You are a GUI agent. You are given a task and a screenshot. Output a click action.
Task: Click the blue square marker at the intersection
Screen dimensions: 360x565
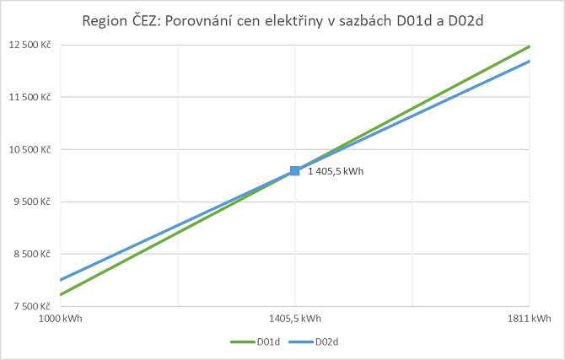pos(294,170)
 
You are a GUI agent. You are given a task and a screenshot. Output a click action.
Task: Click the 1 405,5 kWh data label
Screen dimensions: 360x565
pos(335,171)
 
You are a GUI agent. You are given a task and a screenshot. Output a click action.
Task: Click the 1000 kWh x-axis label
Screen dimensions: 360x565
pos(62,320)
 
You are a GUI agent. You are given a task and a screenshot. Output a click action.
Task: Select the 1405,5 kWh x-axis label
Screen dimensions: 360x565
pos(294,320)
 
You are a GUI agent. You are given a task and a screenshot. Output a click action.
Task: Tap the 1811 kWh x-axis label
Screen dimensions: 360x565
pos(529,320)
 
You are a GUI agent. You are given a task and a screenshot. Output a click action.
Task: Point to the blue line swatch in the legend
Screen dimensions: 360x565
pos(299,342)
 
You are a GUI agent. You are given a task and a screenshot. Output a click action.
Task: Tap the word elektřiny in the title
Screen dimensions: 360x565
pos(336,19)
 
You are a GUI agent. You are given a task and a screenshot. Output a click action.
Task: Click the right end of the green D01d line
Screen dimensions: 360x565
pos(528,46)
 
